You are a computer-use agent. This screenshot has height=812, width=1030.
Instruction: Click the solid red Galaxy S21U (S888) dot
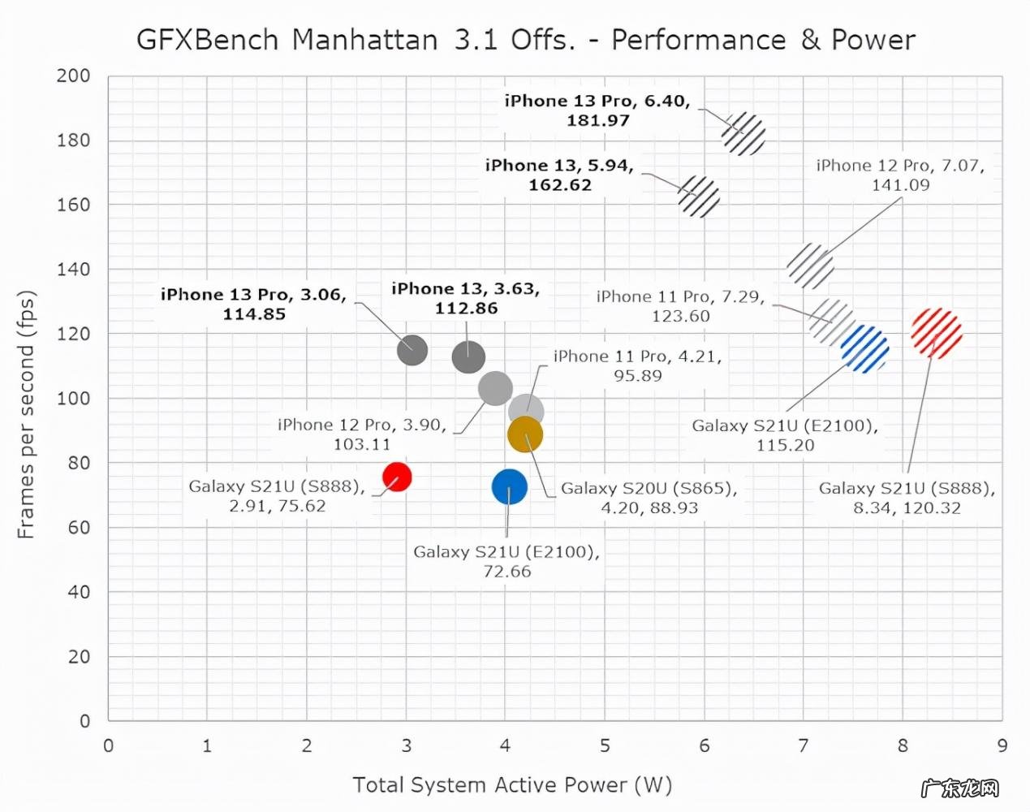(x=397, y=477)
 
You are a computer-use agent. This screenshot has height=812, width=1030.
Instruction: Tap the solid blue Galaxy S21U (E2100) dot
(x=509, y=487)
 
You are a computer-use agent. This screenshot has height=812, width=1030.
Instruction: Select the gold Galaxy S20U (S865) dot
(x=525, y=435)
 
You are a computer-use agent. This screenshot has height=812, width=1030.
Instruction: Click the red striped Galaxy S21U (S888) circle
(x=936, y=333)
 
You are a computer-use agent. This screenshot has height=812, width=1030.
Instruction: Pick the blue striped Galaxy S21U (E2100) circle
(x=864, y=349)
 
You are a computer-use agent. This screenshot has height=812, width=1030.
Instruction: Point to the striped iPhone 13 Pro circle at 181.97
(x=743, y=134)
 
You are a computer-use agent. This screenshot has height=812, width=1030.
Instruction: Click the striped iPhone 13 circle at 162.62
(x=698, y=197)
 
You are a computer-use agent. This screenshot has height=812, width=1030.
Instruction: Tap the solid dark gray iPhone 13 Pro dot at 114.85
(x=412, y=350)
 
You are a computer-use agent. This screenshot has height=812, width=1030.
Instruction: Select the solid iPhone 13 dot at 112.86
(x=468, y=356)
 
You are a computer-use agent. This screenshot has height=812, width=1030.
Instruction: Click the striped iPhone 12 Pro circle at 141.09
(x=810, y=266)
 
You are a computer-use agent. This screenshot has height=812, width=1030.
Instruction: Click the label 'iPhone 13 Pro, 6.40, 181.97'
(x=597, y=110)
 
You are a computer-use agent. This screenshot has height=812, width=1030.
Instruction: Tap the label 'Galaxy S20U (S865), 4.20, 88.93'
(x=649, y=498)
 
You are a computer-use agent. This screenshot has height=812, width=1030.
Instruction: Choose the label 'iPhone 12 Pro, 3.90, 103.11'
(x=362, y=434)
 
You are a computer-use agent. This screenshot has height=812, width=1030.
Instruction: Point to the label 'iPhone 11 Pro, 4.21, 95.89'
(x=637, y=365)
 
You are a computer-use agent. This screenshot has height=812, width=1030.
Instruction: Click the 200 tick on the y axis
(x=73, y=76)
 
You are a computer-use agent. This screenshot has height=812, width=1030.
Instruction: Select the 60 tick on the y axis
(x=79, y=527)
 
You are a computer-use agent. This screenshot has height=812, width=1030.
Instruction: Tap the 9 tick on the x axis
(x=1002, y=745)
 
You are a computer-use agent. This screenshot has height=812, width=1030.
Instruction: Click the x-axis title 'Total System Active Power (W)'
(x=512, y=784)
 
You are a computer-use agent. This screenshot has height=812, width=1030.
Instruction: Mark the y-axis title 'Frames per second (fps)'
(x=27, y=414)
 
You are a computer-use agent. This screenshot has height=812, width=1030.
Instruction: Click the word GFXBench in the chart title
(x=207, y=40)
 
